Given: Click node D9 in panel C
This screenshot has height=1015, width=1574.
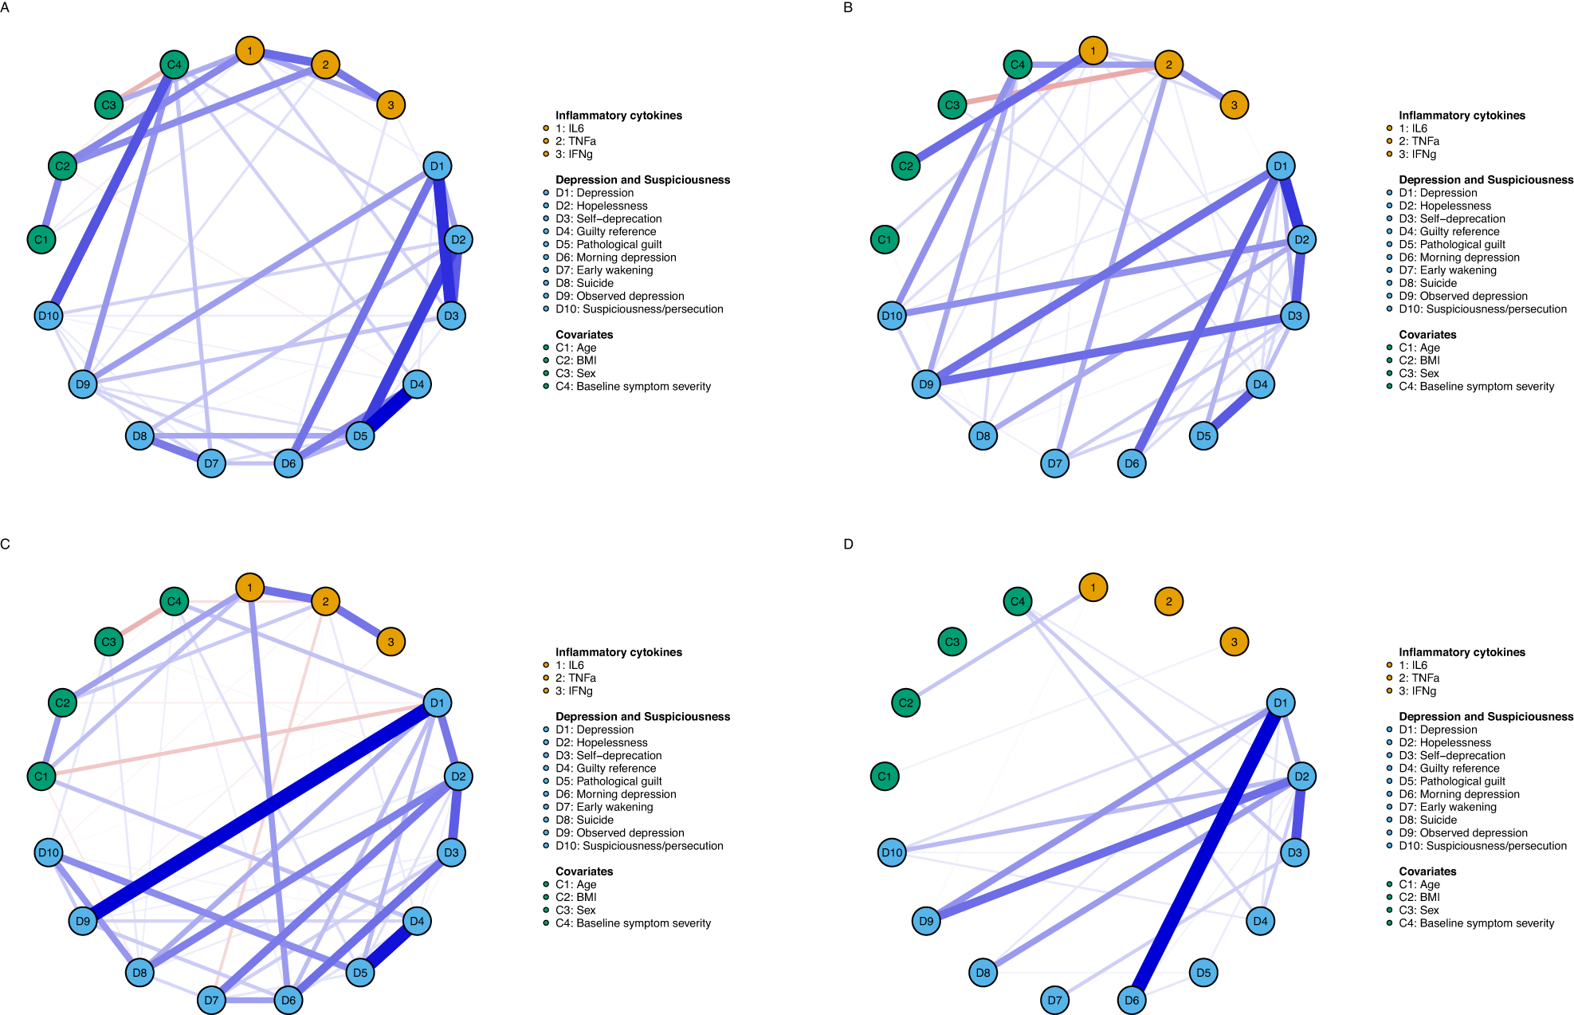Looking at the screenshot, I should tap(83, 921).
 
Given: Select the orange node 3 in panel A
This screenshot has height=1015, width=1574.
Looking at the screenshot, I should tap(391, 104).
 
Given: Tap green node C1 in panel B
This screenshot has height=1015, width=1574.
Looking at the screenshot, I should tap(885, 239).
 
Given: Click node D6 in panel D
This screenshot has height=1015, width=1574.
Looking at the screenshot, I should tap(1132, 1000).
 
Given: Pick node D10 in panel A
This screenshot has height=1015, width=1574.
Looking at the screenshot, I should tap(49, 316).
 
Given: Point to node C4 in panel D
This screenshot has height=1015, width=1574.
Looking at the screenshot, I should tap(1018, 601).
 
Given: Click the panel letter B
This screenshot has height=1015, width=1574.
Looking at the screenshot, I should tap(848, 7).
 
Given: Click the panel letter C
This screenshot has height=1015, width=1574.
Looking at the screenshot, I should tap(5, 544).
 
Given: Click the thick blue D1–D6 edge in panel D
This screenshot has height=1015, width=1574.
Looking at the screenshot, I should tap(1206, 852).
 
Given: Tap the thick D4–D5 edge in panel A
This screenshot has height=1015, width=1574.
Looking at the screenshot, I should tap(389, 410).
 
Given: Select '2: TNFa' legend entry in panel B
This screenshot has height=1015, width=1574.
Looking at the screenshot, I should tap(1419, 141).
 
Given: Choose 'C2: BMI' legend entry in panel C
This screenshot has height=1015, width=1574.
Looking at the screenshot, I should tap(575, 897).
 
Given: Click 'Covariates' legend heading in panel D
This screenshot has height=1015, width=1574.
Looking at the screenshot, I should tap(1427, 871).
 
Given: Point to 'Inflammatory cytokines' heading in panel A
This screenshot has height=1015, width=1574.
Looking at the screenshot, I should tap(618, 116).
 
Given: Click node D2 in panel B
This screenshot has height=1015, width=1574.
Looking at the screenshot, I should tap(1301, 239).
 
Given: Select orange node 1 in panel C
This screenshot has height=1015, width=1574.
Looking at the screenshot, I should tap(249, 588).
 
